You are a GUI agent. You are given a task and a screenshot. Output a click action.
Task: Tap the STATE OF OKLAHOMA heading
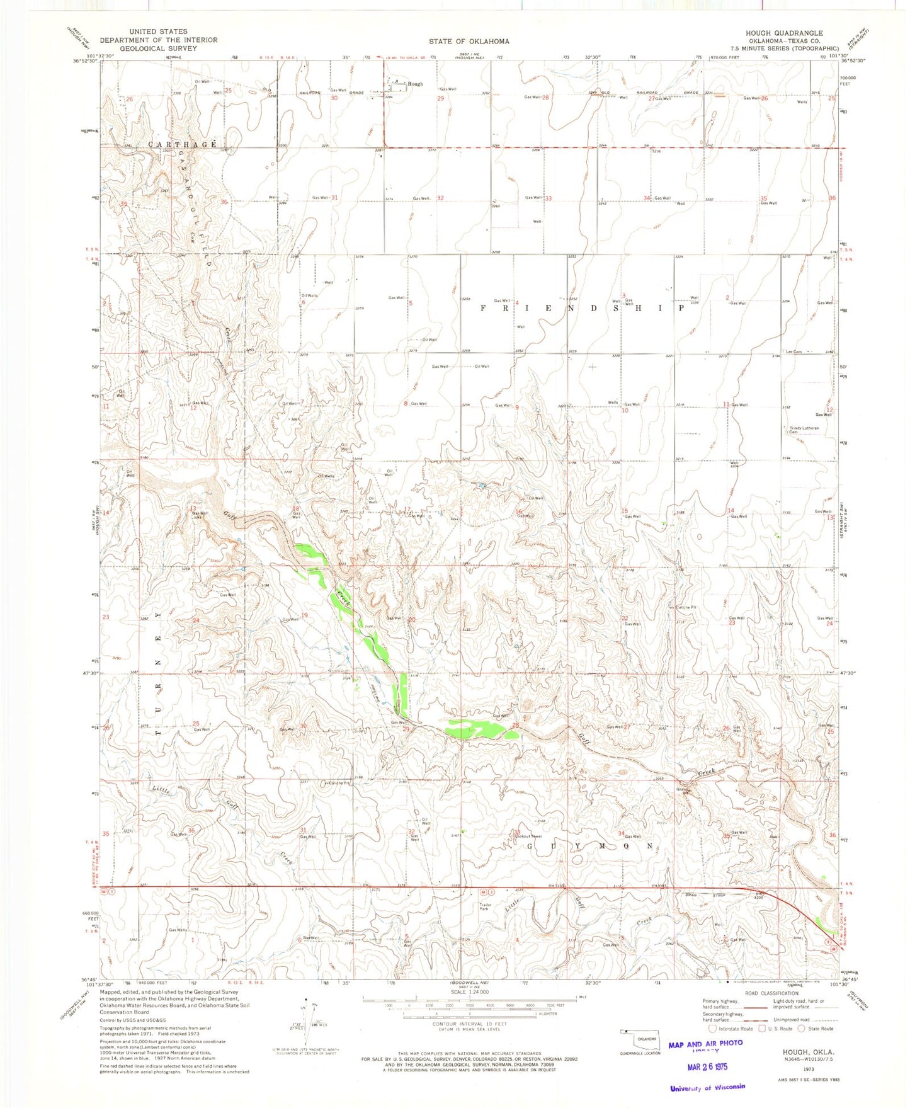(x=469, y=42)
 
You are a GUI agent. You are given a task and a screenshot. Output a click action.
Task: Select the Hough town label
(x=415, y=84)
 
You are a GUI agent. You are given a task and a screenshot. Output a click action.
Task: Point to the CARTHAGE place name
(x=183, y=144)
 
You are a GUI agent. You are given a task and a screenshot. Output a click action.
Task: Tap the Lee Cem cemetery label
(x=793, y=351)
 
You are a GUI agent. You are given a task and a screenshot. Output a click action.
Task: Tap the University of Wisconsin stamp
(x=708, y=1087)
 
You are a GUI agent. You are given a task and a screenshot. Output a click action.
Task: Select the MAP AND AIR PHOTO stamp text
(x=705, y=1044)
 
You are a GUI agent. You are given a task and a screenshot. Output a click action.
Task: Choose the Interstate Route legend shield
(x=713, y=1029)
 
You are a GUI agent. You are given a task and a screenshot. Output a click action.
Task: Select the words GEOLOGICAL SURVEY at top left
(x=158, y=49)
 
